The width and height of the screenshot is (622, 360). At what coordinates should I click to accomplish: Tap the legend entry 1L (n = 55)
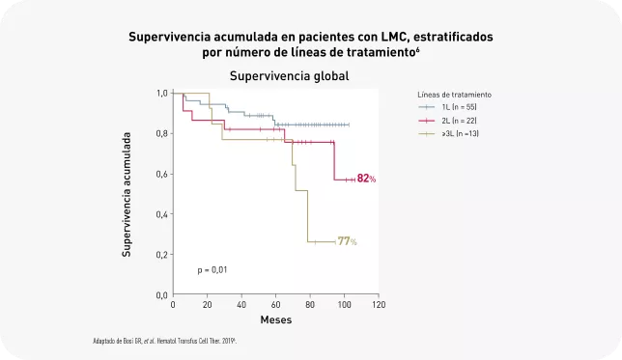(x=459, y=107)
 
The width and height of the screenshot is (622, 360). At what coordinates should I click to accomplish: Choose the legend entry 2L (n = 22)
(x=459, y=120)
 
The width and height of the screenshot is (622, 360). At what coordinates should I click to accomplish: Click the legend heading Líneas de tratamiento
(x=454, y=95)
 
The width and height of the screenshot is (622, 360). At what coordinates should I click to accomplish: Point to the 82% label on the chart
(x=366, y=179)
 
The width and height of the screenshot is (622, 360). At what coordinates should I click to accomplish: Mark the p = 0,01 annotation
(x=212, y=268)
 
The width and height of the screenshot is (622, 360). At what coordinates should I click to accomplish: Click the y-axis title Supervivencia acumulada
(x=127, y=193)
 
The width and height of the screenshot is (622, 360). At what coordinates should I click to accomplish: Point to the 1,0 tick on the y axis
(x=162, y=93)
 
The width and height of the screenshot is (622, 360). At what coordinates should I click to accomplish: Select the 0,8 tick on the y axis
(x=162, y=133)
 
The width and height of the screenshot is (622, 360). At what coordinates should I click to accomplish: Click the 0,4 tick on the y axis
(x=162, y=213)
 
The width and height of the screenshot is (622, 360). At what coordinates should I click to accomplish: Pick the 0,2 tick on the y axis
(x=162, y=254)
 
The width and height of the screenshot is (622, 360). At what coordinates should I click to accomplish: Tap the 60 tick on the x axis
(x=275, y=305)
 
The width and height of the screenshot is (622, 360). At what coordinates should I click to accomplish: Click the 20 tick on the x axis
(x=207, y=305)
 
